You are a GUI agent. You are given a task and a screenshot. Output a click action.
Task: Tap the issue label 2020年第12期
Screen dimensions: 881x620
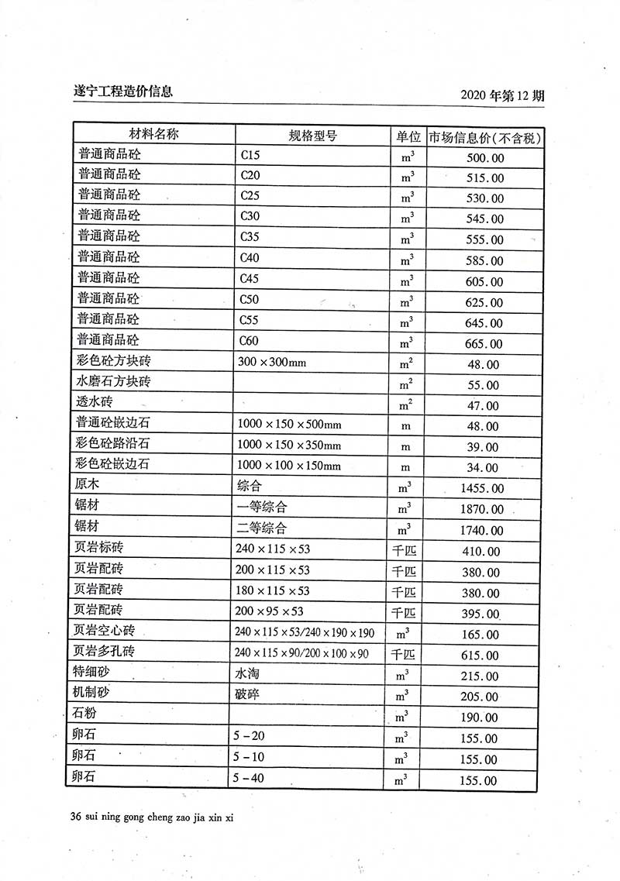point(502,96)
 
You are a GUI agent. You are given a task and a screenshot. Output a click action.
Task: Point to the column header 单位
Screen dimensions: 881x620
point(408,136)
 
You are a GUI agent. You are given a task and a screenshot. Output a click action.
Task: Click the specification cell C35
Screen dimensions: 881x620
point(252,236)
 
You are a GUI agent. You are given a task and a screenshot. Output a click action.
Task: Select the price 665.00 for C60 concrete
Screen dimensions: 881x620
point(484,344)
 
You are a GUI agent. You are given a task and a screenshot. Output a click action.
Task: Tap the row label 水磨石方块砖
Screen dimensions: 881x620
point(113,381)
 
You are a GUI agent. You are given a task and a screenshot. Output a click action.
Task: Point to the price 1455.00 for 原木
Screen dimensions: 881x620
point(481,489)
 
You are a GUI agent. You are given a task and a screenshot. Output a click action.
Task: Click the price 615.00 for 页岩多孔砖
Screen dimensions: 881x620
point(481,656)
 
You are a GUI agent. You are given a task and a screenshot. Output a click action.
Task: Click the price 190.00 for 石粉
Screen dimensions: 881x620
point(481,718)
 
